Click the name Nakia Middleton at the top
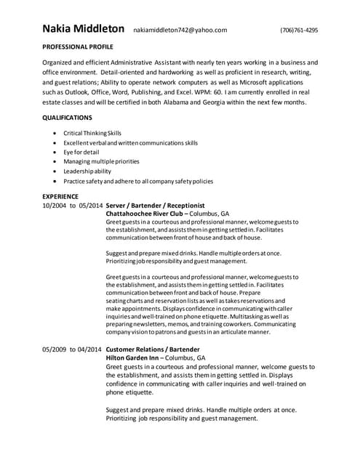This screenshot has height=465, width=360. click(x=83, y=30)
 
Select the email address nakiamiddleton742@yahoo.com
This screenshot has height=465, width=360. click(x=180, y=31)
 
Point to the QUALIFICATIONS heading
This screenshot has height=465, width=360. click(x=67, y=117)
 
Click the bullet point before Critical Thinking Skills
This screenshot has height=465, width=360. click(x=57, y=134)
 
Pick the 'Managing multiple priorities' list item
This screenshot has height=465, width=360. click(x=101, y=161)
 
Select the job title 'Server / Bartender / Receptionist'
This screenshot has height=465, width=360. click(x=156, y=206)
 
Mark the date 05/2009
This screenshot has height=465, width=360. click(x=55, y=350)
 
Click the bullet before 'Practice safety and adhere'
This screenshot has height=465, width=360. click(x=57, y=180)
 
